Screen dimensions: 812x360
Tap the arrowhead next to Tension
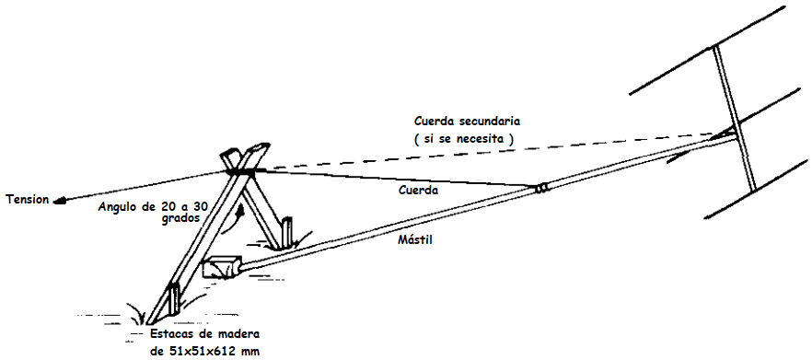61,201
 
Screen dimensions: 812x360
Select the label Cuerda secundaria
467,122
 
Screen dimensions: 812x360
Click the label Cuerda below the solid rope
419,190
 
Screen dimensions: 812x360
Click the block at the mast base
223,267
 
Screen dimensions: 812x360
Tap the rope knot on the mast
542,189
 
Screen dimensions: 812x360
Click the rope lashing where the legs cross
242,171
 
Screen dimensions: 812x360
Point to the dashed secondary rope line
488,152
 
